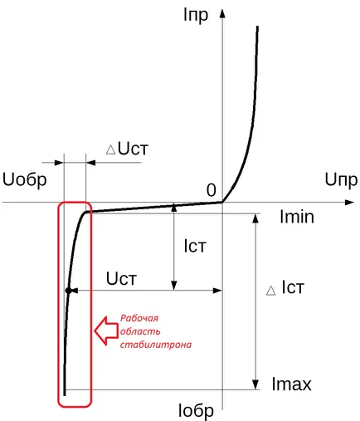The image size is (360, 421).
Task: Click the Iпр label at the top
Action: coord(196,16)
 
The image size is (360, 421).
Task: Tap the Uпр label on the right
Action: coord(341,180)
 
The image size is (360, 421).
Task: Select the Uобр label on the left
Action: coord(24,179)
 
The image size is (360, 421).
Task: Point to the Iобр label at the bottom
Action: coord(196,410)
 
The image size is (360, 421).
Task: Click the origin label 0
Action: coord(212,190)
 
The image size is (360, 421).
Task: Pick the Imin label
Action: coord(297,217)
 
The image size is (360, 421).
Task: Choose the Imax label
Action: coord(291,384)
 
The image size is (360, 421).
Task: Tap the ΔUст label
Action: coord(127,149)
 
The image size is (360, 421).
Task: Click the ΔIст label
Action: coord(285,287)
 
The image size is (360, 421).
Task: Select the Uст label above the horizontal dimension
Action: coord(121,278)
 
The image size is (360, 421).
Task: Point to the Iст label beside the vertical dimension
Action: coord(195,246)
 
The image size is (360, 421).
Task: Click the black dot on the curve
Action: coord(68,291)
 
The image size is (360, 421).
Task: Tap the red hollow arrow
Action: coord(106,331)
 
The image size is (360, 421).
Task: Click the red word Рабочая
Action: coord(139,318)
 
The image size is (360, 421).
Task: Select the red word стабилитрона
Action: coord(156,345)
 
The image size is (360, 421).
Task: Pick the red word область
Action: coord(140,331)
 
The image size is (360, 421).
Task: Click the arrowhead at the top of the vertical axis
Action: coord(222,13)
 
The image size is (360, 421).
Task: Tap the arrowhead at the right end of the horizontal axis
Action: coord(349,203)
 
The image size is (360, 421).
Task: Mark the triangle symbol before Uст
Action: coord(110,150)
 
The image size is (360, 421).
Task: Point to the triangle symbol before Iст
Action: coord(270,291)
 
